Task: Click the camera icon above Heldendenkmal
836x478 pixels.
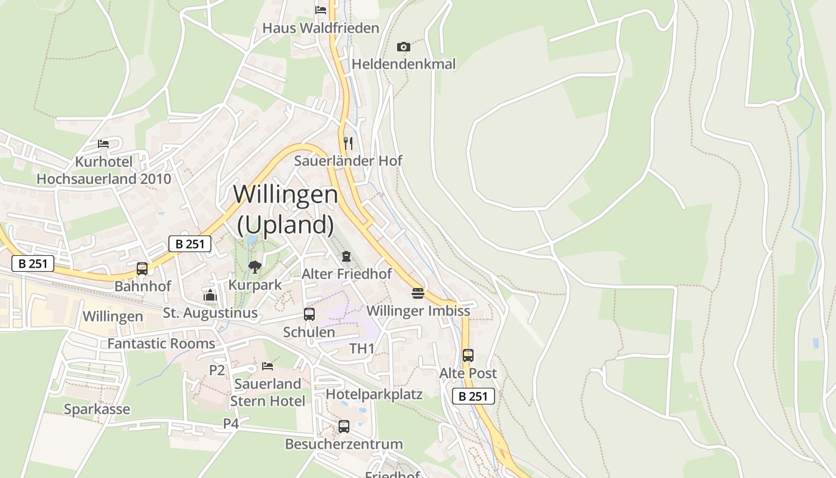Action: [404, 47]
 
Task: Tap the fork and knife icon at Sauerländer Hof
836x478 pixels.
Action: [348, 143]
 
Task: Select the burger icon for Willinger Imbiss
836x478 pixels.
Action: [418, 293]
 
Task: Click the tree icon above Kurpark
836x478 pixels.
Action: [255, 266]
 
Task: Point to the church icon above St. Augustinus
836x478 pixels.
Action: [210, 295]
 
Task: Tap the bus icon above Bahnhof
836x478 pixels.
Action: [142, 269]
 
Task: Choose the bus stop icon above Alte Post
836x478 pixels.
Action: [468, 356]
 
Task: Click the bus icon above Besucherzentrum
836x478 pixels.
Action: [344, 427]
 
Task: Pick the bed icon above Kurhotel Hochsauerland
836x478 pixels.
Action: [103, 144]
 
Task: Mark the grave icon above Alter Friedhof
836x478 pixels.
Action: [346, 256]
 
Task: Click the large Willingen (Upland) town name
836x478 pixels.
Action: [285, 209]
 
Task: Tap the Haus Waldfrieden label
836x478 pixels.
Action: [321, 28]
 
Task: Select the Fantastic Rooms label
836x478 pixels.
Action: [161, 344]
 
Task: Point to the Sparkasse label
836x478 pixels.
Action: [97, 409]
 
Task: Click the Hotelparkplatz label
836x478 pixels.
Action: [374, 394]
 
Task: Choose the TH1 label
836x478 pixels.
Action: [362, 349]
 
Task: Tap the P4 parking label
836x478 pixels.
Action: [231, 424]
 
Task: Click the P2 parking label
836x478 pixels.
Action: [217, 370]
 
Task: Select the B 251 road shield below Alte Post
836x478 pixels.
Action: [474, 396]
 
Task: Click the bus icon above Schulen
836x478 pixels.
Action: [309, 314]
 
